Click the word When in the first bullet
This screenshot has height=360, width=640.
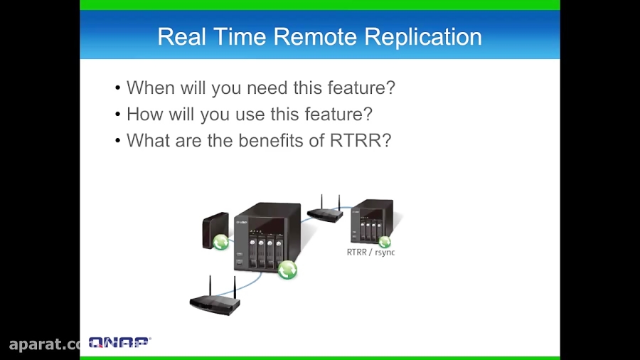click(150, 88)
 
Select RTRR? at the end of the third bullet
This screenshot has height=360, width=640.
click(361, 141)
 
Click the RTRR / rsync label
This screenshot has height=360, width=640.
click(370, 252)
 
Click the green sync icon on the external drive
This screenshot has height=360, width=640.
click(221, 242)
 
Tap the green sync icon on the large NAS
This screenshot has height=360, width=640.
click(287, 270)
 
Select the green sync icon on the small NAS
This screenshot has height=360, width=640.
click(385, 241)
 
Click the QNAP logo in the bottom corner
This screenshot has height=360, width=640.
click(119, 343)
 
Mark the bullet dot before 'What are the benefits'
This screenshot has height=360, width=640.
click(118, 142)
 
